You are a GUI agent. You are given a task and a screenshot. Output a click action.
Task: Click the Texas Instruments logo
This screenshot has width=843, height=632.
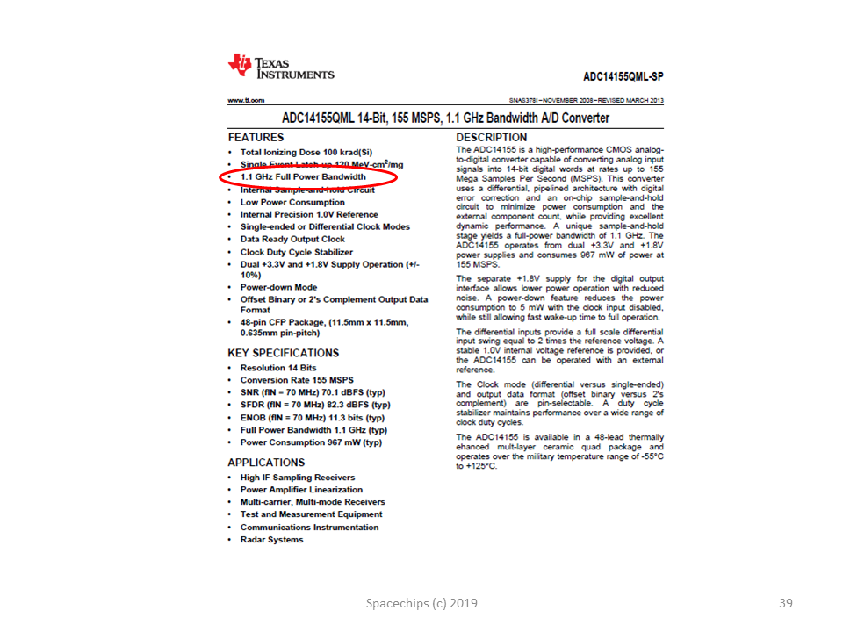281,67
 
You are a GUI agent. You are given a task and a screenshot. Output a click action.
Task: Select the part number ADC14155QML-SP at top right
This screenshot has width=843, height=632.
623,76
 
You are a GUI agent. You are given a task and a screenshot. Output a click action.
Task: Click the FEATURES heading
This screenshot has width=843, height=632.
256,138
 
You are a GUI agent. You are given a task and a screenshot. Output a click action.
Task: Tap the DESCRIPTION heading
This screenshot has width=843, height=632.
492,138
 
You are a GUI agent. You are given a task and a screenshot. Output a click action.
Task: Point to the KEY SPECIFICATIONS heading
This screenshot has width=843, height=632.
283,353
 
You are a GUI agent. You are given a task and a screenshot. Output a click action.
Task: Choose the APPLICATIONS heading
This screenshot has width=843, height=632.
266,463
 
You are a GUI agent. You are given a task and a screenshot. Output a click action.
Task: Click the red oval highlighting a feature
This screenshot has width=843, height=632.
308,177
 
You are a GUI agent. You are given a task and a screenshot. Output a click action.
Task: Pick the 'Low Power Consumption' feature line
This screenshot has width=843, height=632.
292,202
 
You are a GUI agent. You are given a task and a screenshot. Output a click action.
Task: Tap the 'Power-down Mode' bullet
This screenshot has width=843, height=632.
278,287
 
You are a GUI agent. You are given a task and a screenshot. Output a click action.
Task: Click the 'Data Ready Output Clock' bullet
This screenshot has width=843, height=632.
292,239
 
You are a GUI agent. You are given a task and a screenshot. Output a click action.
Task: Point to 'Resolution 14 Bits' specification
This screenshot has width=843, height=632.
278,368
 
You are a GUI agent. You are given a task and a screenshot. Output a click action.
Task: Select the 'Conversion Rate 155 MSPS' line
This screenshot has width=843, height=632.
297,380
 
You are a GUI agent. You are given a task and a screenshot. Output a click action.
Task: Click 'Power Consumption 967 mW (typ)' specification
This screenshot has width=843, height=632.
311,443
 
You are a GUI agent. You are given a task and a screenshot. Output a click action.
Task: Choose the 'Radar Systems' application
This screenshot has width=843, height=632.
271,540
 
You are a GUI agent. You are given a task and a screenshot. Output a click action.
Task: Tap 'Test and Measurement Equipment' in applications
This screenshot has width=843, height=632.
311,514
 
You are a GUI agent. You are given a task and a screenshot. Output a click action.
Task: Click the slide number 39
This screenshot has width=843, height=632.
786,603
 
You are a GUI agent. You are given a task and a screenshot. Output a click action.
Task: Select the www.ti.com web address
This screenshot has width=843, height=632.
246,101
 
